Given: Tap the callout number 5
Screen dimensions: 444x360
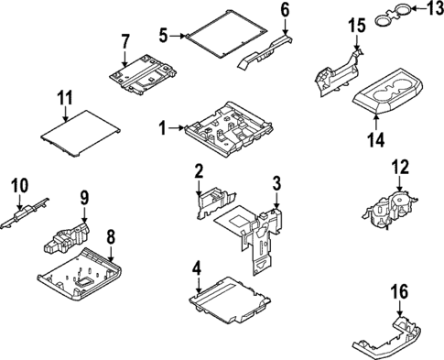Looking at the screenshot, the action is [x=163, y=36].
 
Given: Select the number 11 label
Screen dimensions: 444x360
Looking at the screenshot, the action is [x=64, y=98].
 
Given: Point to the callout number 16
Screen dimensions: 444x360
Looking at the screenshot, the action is [x=400, y=291].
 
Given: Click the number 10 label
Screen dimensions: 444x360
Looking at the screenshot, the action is [x=20, y=185].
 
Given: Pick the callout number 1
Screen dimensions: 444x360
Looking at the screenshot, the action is [x=163, y=128].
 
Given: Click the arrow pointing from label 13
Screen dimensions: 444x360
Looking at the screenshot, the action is [x=418, y=8].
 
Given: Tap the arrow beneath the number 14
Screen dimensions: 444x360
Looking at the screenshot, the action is [x=376, y=121].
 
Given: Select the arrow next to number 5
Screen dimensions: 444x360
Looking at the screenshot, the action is [x=178, y=36].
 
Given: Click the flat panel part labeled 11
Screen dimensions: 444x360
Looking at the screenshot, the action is [x=80, y=134].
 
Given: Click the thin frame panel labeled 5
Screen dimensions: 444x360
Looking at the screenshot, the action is [x=226, y=34].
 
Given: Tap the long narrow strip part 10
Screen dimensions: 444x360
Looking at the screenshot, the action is [x=25, y=213].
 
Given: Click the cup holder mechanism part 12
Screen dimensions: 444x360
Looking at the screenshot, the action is [x=389, y=209].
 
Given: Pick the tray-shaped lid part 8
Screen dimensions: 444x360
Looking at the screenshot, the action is [x=80, y=274].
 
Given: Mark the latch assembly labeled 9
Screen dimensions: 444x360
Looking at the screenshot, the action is [x=66, y=238].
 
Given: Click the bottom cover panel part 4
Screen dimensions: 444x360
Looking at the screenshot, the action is [x=230, y=301].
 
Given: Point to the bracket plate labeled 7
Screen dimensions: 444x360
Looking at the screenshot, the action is [x=143, y=74].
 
